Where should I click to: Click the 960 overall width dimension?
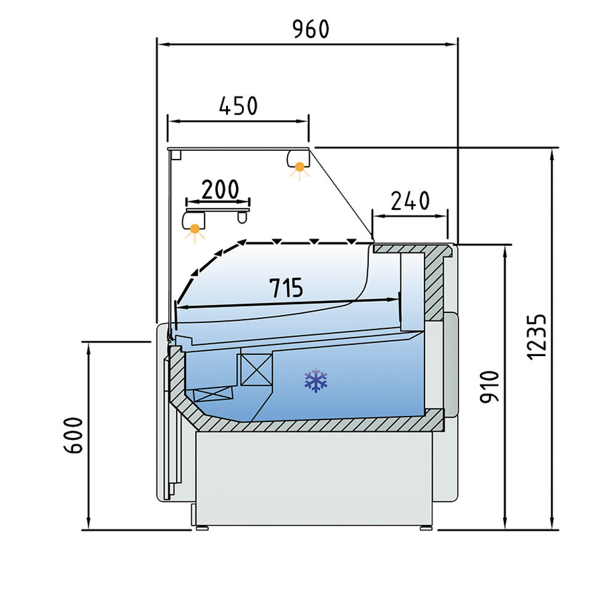(x=310, y=30)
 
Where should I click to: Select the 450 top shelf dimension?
(x=238, y=106)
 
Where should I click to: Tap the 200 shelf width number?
(x=220, y=189)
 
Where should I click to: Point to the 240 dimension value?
(x=410, y=201)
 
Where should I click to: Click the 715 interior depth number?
(x=286, y=288)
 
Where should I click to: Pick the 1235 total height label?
(x=537, y=337)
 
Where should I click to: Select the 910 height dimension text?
(x=490, y=387)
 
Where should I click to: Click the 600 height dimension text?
(x=73, y=436)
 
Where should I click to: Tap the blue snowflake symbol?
(x=316, y=380)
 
